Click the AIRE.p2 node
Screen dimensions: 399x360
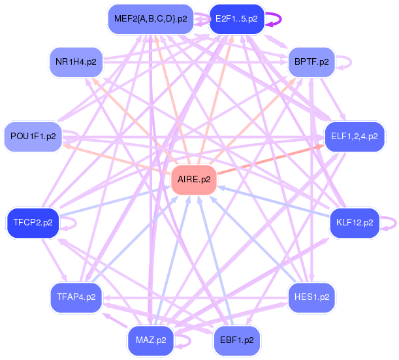pos(194,180)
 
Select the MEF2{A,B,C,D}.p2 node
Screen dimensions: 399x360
pos(151,19)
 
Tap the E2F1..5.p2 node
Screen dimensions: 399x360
pos(236,19)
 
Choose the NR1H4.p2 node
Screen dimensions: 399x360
pos(76,62)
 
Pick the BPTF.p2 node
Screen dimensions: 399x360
pos(311,62)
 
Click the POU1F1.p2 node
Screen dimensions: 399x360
pos(33,137)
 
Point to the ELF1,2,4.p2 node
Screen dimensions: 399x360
pos(355,137)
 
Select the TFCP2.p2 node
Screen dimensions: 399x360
pos(33,223)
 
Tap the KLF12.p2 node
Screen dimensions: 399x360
pos(355,223)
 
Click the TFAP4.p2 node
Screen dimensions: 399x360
pos(76,297)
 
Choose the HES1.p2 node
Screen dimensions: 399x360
pos(311,297)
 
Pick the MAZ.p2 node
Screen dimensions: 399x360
pos(151,340)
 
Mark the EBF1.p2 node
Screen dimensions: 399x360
pos(236,340)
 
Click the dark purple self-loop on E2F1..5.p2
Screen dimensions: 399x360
pos(281,19)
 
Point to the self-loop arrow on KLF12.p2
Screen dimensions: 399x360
pos(396,223)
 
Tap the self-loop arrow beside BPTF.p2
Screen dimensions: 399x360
pos(351,62)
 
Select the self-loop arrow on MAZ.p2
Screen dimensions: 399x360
pos(190,340)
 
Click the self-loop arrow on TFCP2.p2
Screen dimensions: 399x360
pos(76,223)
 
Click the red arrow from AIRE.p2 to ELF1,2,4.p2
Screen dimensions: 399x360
pos(271,159)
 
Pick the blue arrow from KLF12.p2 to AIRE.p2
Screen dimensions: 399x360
pos(274,202)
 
